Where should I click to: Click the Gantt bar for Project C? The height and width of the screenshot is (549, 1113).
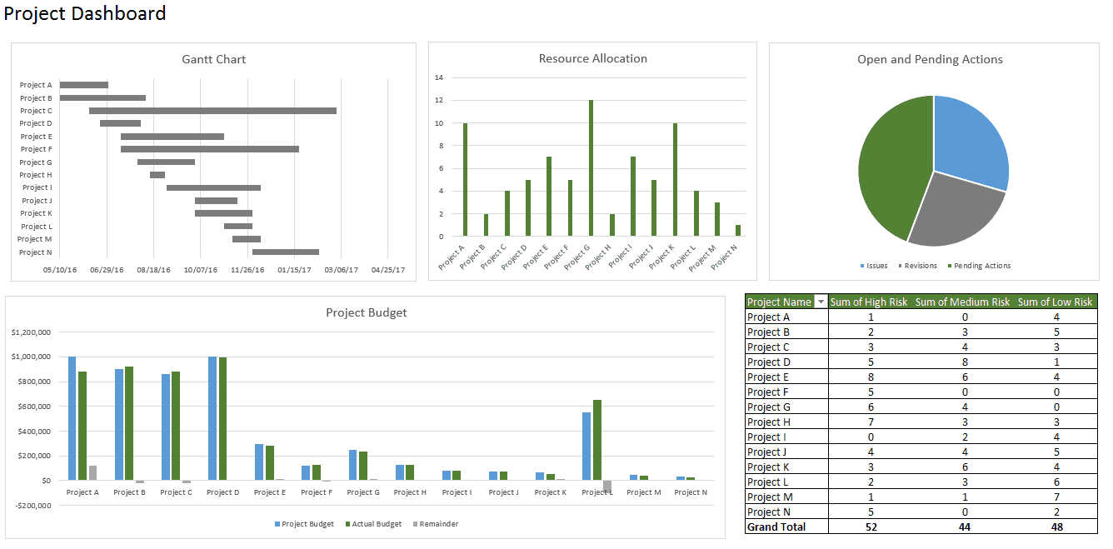(212, 111)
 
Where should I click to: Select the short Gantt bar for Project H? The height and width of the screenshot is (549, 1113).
(157, 175)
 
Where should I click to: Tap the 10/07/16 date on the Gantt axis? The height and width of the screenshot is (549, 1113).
(201, 270)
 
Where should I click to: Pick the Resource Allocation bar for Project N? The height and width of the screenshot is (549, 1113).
(738, 231)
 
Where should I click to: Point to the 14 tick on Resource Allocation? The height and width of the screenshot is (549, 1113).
(439, 77)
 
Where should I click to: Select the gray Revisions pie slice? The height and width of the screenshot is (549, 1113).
(954, 208)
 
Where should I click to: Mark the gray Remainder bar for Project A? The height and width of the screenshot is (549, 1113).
(93, 473)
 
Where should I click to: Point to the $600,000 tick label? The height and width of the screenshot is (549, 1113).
(32, 407)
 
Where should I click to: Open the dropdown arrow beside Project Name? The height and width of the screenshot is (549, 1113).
(821, 302)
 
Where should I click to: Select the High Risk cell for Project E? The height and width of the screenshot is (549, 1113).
(871, 377)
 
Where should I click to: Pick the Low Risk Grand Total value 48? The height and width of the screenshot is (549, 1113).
(1056, 527)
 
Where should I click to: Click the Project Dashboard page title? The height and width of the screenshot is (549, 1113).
(85, 13)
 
